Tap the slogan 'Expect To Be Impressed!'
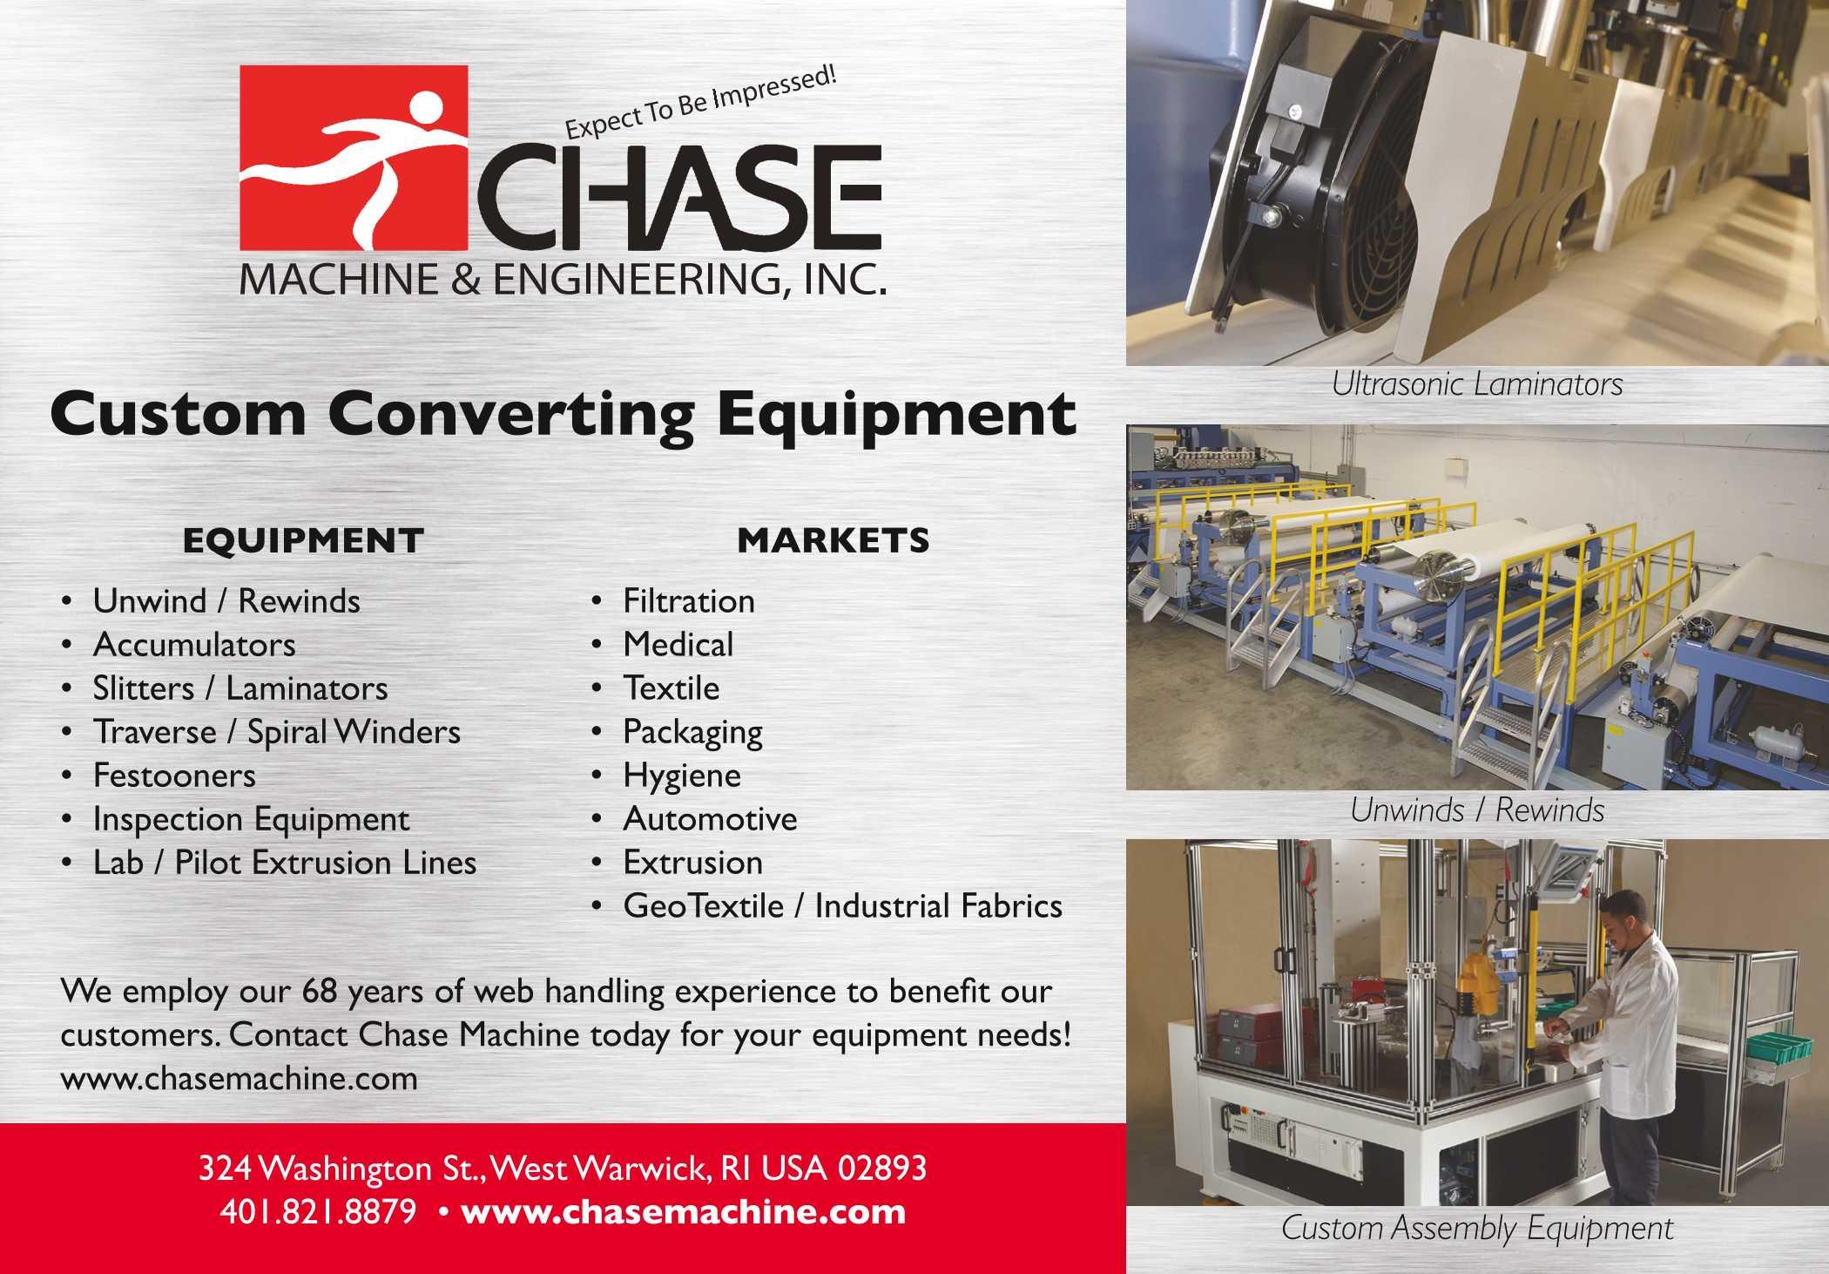pos(701,104)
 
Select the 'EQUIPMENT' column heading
pos(303,541)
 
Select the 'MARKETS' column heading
pos(834,541)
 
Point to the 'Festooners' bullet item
pos(174,776)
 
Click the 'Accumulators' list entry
pos(194,645)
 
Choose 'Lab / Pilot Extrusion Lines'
pos(285,863)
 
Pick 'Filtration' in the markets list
pos(689,601)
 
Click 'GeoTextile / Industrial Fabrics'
pos(842,906)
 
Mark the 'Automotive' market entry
pos(710,819)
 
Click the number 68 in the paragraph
pos(320,992)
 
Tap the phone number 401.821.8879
pos(318,1212)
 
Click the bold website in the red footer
pos(684,1212)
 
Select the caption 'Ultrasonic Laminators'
pos(1477,384)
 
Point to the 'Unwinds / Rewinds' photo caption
pos(1477,810)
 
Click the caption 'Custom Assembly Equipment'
pos(1477,1229)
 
